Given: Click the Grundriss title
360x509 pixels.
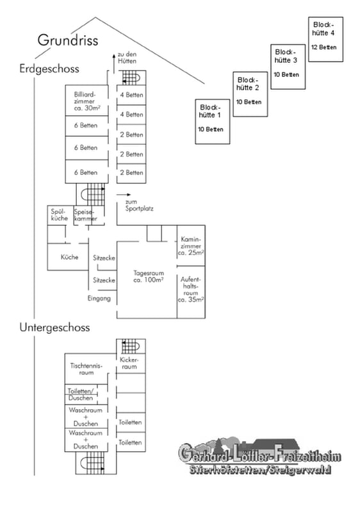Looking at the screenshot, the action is [x=68, y=40].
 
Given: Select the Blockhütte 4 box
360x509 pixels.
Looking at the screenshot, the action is [x=325, y=39].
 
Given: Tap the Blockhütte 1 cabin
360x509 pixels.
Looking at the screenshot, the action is [x=213, y=121].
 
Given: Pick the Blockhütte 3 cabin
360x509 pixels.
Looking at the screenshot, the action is [x=288, y=67].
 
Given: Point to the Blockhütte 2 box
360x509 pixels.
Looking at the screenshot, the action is [x=250, y=94].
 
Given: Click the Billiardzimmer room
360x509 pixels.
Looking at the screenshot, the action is [x=86, y=100].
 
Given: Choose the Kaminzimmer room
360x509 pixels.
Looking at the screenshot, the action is [x=191, y=246].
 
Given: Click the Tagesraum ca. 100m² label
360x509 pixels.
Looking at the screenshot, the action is [x=149, y=276].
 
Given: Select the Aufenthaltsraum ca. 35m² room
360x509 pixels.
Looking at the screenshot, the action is [x=191, y=292].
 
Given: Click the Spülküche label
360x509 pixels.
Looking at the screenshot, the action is [x=60, y=215].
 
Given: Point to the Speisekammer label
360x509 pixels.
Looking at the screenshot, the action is [x=86, y=215].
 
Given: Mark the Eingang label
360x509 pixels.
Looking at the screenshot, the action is [x=99, y=298].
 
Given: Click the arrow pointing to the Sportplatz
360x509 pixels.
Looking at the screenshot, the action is [x=124, y=195].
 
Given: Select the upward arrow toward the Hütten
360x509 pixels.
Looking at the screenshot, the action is [x=114, y=64].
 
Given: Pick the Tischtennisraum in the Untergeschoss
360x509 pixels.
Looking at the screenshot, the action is [x=86, y=369].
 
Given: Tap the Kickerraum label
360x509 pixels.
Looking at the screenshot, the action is [x=129, y=363].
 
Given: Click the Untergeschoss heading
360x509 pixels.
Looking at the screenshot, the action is [x=54, y=327].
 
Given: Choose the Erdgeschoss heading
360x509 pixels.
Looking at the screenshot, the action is [x=49, y=69].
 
